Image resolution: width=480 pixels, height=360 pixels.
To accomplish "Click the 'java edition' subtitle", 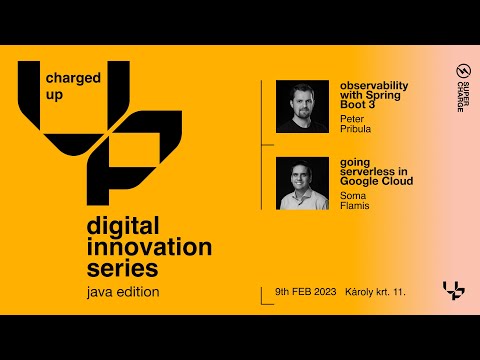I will (x=122, y=292).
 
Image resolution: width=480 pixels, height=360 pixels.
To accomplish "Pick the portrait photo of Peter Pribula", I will (x=302, y=106).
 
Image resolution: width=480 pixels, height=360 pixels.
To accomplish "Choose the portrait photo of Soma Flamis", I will (x=302, y=183).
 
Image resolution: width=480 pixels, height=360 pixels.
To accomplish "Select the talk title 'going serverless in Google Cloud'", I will (x=376, y=171).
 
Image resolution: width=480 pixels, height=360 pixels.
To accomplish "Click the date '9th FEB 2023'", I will (x=306, y=291).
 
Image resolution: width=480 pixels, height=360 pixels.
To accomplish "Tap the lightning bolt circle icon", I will (x=461, y=71).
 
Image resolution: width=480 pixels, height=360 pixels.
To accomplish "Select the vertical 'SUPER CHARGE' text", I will (x=461, y=97).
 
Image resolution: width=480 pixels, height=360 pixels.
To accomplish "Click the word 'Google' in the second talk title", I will (x=358, y=181).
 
